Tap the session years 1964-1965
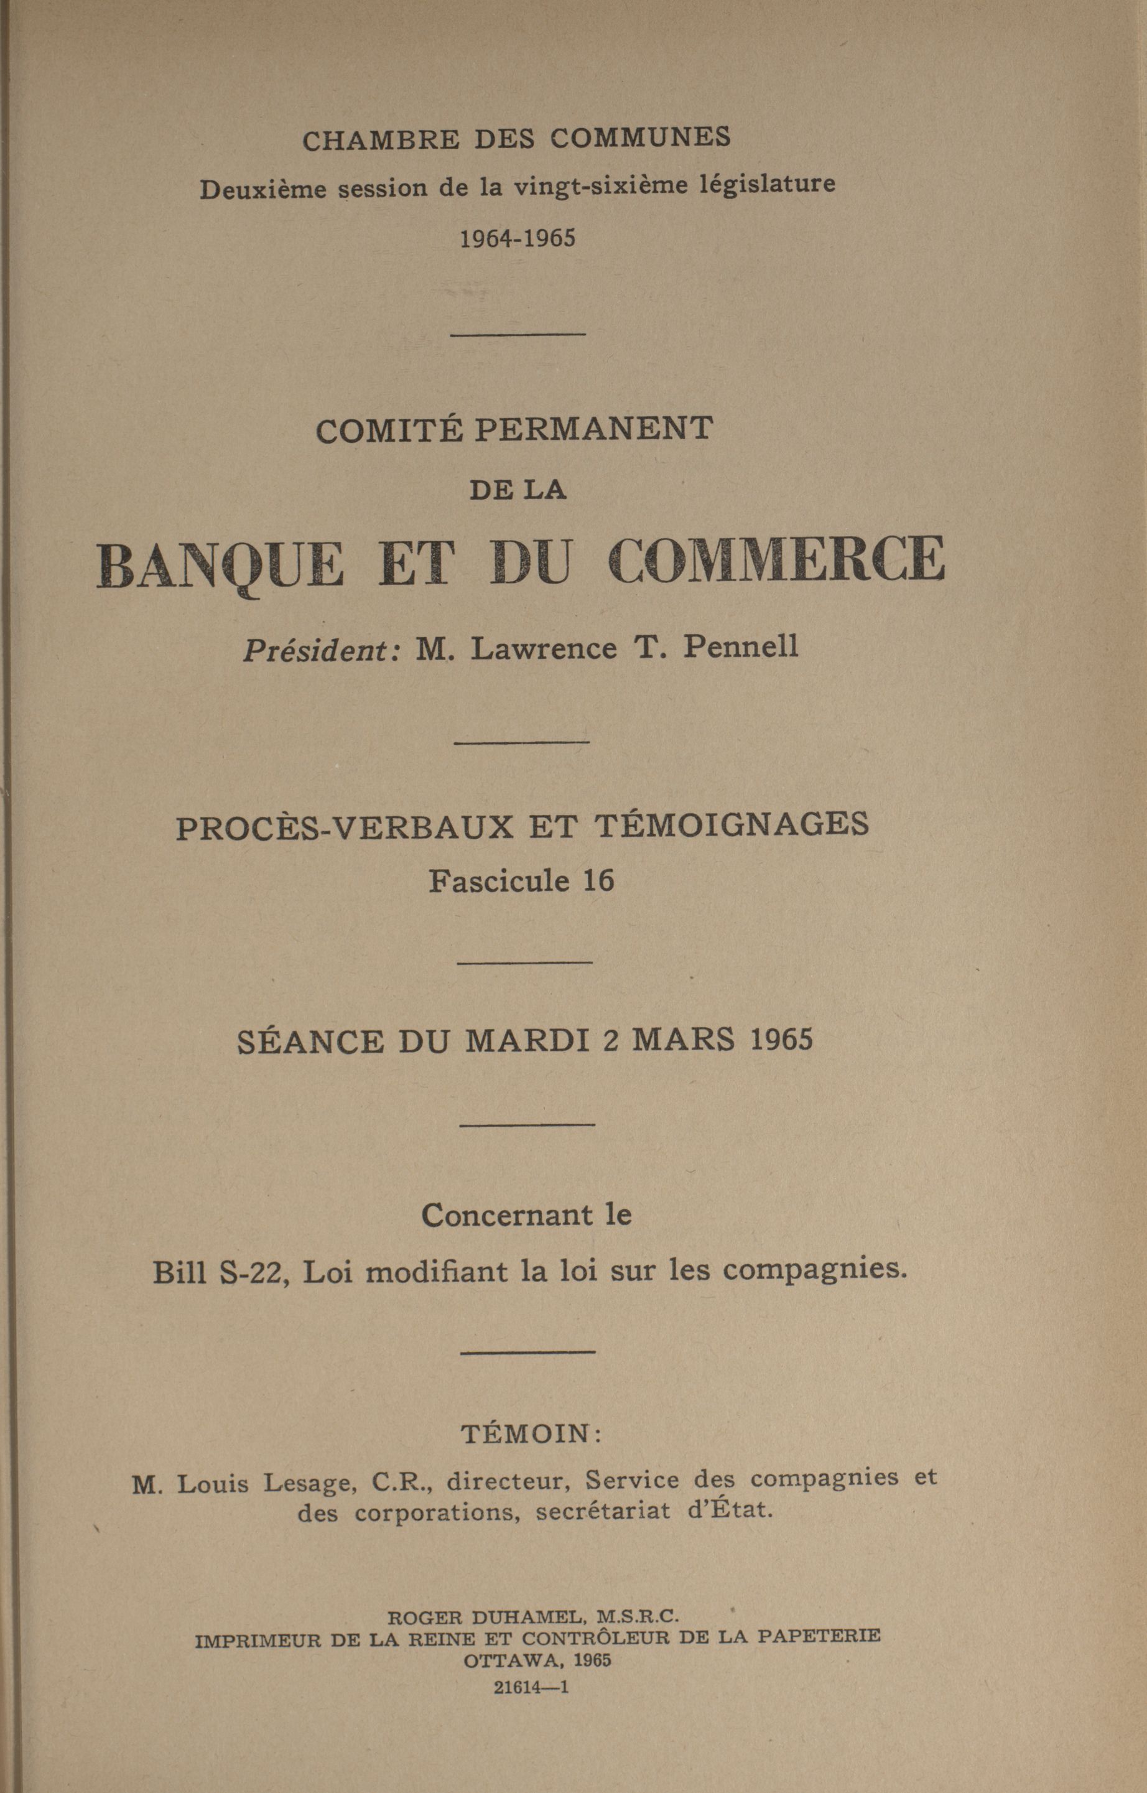point(518,238)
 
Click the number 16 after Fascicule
point(599,881)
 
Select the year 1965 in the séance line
point(781,1038)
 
